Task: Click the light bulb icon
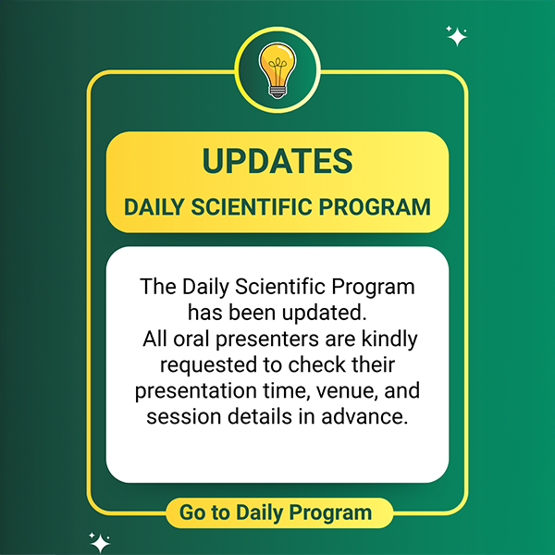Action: point(277,70)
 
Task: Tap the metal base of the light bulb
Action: point(277,92)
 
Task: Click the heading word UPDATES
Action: point(277,161)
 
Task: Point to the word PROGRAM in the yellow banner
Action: point(375,206)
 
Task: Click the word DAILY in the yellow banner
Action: point(154,206)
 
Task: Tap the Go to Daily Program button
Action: point(279,512)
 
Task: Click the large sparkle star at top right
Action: point(457,36)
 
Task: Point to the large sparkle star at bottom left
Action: point(100,543)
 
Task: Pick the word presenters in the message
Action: point(267,340)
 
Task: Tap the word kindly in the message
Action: point(389,340)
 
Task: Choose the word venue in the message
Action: point(342,391)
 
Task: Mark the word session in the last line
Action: point(183,416)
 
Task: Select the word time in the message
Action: point(286,391)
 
